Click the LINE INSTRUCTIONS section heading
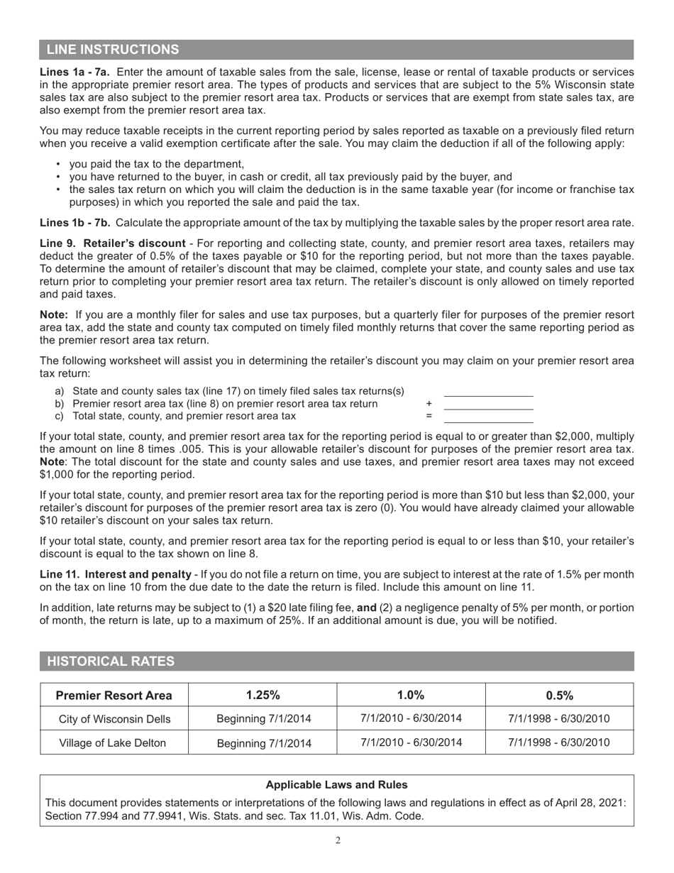click(x=113, y=50)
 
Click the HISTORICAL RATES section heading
click(x=110, y=661)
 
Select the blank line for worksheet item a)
click(x=488, y=392)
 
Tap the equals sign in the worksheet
click(x=429, y=417)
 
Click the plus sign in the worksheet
click(x=429, y=404)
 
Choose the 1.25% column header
click(x=263, y=695)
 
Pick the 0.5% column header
click(x=559, y=695)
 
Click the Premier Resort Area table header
click(x=114, y=695)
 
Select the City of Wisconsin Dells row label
click(x=114, y=719)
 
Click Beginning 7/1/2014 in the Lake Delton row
click(x=263, y=744)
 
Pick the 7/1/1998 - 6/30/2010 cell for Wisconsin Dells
click(x=559, y=718)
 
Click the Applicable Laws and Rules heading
click(x=336, y=785)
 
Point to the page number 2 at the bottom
click(x=338, y=841)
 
